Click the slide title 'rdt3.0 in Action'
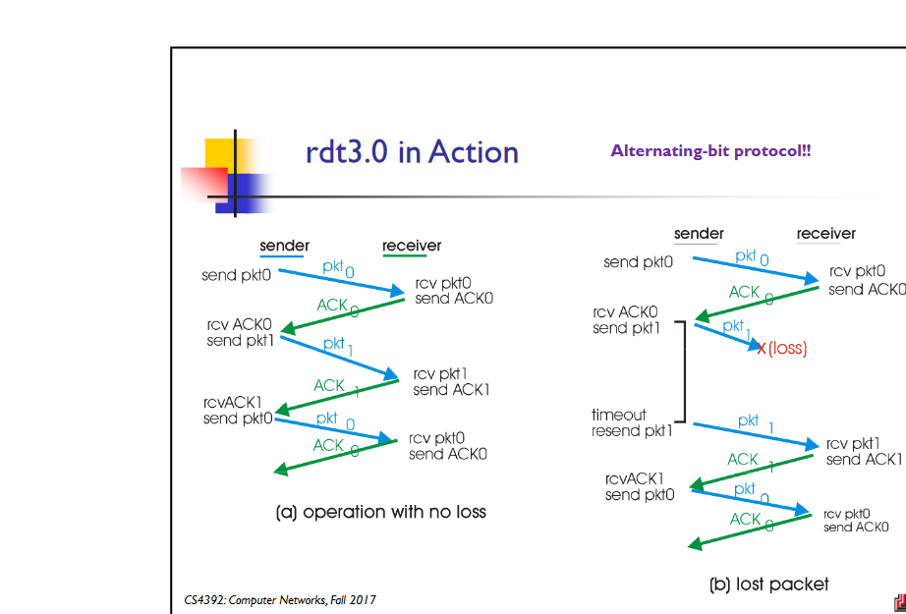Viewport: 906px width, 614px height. (412, 152)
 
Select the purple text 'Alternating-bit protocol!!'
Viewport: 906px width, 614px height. (710, 151)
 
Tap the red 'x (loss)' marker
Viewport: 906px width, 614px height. (782, 348)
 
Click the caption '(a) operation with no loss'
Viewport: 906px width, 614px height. (380, 512)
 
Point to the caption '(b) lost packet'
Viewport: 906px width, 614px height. (768, 584)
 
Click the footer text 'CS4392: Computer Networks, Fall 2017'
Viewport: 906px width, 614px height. (280, 599)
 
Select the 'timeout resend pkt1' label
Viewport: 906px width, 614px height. (632, 423)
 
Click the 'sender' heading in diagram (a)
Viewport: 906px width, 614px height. (284, 246)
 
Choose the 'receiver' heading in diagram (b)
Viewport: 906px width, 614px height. (825, 234)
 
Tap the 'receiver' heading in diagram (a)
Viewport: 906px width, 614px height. (412, 246)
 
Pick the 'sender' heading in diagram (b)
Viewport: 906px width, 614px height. (699, 234)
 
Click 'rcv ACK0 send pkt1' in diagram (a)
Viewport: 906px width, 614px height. (239, 333)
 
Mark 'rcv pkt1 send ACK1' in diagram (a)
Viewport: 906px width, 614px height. (451, 382)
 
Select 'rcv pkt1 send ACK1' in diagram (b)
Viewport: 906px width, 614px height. (864, 452)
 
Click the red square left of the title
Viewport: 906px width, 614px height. (203, 183)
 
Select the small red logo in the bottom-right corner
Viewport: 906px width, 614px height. (898, 602)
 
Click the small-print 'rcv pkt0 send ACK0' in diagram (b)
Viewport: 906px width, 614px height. (852, 521)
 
